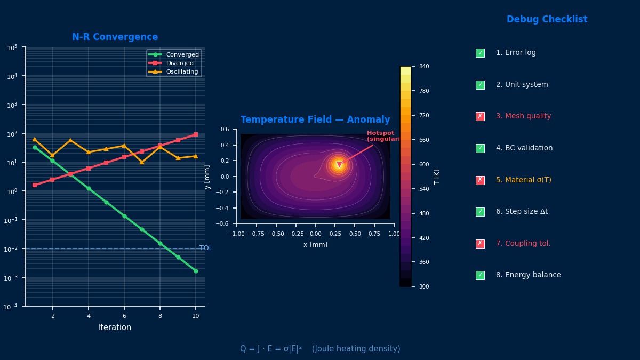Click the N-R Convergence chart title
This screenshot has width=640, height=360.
click(115, 37)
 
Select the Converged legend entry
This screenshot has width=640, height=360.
click(182, 54)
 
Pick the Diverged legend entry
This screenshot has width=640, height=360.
click(180, 63)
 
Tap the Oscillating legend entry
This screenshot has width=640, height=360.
click(182, 71)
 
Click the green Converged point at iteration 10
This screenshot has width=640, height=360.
click(196, 271)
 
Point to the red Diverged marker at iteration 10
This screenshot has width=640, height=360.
click(196, 134)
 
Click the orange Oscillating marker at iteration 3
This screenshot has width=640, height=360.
click(70, 140)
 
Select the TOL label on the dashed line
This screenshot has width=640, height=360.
click(206, 248)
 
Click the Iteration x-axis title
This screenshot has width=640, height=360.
click(115, 327)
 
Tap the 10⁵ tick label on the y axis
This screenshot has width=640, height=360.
click(12, 47)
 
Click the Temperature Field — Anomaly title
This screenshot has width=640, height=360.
click(315, 120)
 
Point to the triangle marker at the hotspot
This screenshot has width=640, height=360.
click(339, 165)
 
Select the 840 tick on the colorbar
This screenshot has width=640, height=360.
click(425, 67)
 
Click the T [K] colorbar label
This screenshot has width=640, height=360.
click(437, 177)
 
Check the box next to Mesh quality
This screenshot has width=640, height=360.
click(480, 116)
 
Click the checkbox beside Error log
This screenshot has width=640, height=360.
click(480, 53)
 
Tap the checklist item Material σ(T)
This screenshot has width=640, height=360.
click(523, 180)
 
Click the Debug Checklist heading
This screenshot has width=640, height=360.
click(547, 20)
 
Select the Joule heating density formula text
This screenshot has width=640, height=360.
click(320, 349)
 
